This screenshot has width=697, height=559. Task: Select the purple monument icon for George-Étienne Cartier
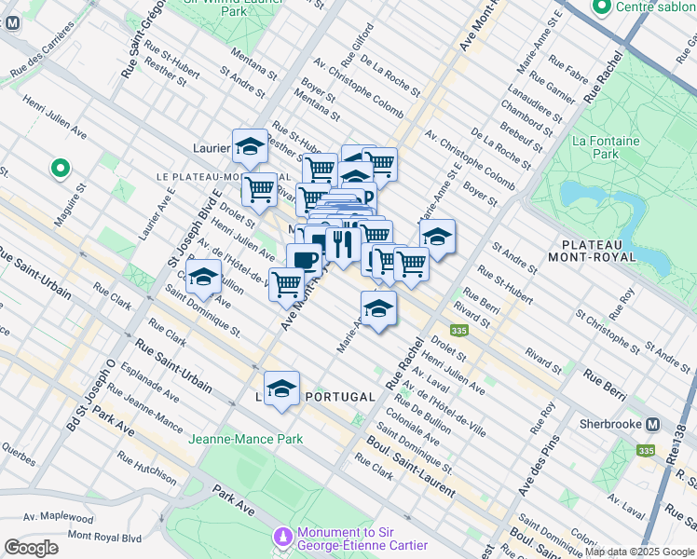[x=283, y=538]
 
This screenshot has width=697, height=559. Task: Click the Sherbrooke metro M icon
[x=653, y=423]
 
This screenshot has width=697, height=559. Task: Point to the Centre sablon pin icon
[x=601, y=8]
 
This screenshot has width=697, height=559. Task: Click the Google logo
[x=31, y=548]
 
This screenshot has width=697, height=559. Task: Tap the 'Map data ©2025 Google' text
[x=640, y=552]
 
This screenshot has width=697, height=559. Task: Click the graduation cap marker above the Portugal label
[x=281, y=389]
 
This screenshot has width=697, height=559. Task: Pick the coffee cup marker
[x=304, y=261]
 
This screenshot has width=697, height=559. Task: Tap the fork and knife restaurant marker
[x=343, y=244]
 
